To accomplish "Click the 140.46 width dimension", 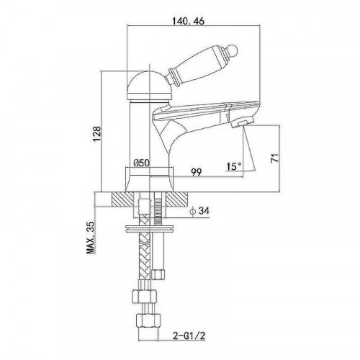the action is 189,21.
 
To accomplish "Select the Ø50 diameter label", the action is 141,163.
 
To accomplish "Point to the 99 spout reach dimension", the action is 197,172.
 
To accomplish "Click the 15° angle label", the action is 234,166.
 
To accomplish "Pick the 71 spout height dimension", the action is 275,158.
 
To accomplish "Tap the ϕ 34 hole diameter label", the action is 199,211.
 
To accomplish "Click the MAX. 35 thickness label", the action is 91,238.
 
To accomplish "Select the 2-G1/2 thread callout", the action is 189,336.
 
